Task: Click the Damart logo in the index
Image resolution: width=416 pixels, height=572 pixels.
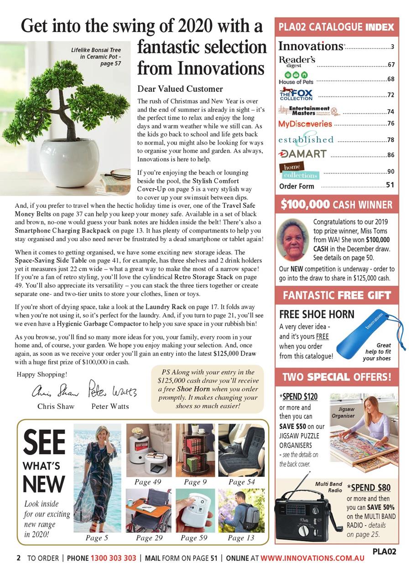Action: click(x=302, y=154)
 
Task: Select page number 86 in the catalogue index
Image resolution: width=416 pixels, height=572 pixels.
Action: click(x=390, y=155)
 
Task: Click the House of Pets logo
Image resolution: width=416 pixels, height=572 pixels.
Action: click(x=296, y=78)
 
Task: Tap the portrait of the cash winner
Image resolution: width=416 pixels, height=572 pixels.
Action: click(x=292, y=239)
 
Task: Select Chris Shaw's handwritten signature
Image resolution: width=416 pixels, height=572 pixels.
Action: click(x=55, y=391)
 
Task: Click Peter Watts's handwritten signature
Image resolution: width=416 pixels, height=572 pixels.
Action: click(x=112, y=389)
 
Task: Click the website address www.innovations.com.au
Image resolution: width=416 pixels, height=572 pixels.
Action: click(x=312, y=558)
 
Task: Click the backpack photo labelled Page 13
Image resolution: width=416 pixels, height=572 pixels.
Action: click(x=241, y=510)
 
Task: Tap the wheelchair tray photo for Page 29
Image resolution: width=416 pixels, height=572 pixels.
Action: click(x=149, y=510)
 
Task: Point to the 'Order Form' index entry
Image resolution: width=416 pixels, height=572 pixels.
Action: click(x=296, y=186)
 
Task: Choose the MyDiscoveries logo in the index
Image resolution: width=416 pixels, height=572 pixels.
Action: click(x=305, y=124)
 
